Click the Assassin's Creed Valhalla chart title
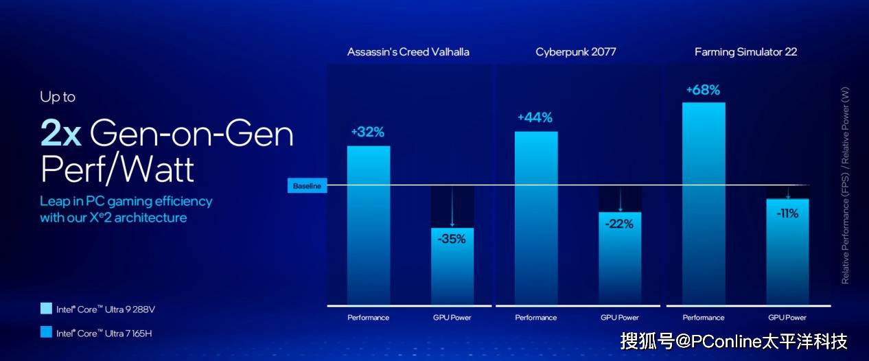(x=408, y=52)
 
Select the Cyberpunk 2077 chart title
(x=576, y=52)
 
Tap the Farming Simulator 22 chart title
(x=745, y=52)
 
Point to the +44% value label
(x=535, y=117)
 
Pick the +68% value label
(x=703, y=90)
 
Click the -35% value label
(x=452, y=239)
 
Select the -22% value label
(x=619, y=224)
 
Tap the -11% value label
(x=787, y=213)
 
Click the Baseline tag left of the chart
(x=307, y=186)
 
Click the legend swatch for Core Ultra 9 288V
(x=46, y=309)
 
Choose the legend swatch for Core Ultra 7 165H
(x=46, y=333)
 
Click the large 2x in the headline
(x=61, y=133)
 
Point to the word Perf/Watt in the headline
(x=117, y=169)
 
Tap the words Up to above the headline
(x=58, y=97)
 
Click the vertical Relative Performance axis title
(x=845, y=185)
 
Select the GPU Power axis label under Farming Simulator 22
(x=787, y=318)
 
